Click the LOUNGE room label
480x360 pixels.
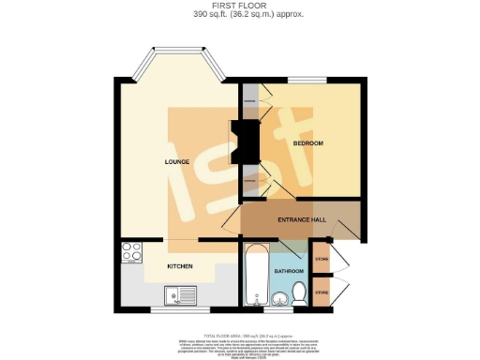coord(177,161)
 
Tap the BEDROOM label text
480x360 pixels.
coord(307,142)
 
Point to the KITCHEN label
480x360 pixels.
coord(180,266)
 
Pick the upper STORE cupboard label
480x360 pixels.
coord(322,258)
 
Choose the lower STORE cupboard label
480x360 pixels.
coord(322,292)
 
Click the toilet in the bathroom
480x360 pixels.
coord(298,293)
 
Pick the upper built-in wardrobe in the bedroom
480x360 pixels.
coord(251,99)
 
